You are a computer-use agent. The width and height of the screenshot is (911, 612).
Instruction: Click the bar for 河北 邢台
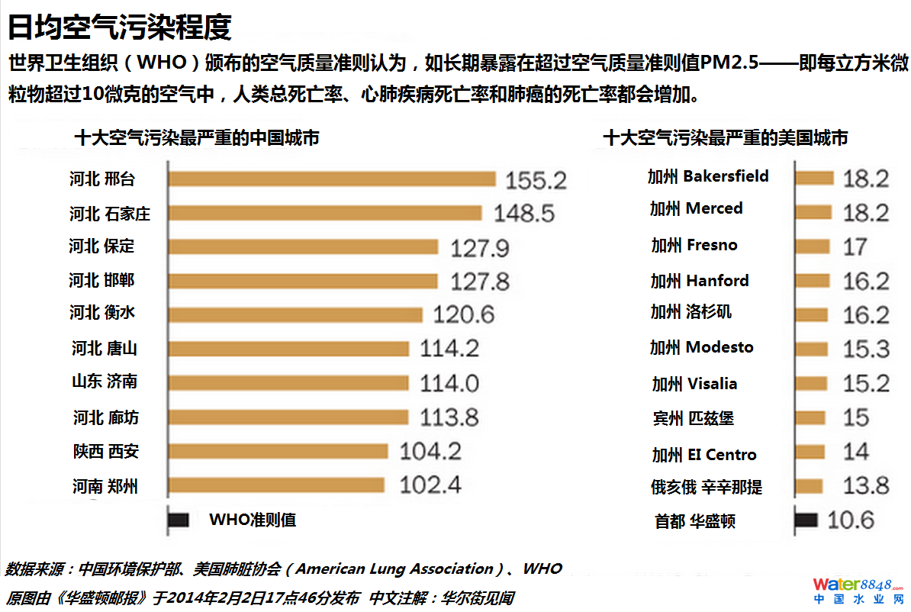[x=332, y=179]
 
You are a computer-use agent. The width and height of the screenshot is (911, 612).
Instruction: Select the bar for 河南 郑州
[x=276, y=485]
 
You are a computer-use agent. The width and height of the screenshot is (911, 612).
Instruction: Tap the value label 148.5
[x=524, y=213]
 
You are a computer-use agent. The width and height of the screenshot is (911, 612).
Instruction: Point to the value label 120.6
[x=464, y=314]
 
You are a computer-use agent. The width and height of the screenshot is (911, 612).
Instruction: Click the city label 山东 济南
[x=105, y=382]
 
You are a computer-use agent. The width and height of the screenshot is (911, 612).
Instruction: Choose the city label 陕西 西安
[x=106, y=452]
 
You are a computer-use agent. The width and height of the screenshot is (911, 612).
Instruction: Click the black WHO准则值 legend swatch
[x=179, y=520]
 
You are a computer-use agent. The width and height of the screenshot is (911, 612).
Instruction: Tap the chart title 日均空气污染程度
[x=119, y=27]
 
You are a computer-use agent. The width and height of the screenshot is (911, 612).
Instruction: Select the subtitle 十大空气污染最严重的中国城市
[x=196, y=138]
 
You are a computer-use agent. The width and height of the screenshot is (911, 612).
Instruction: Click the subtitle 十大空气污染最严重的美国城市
[x=725, y=138]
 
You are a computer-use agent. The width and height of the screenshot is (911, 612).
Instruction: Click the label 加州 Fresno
[x=694, y=245]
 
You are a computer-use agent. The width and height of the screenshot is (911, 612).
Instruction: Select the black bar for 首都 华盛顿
[x=806, y=520]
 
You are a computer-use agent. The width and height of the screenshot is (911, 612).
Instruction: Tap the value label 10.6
[x=851, y=520]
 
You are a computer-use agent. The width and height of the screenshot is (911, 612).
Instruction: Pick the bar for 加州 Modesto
[x=812, y=349]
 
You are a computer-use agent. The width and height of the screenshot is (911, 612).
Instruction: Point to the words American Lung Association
[x=394, y=569]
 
